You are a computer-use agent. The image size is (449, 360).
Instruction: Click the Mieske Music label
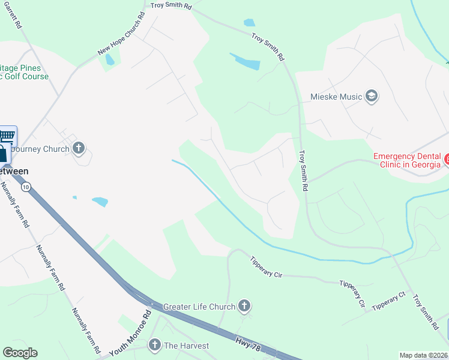(336, 97)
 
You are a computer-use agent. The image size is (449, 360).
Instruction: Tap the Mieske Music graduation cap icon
(372, 97)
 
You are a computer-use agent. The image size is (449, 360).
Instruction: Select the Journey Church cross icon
(79, 148)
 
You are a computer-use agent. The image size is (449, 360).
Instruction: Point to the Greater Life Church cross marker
(244, 307)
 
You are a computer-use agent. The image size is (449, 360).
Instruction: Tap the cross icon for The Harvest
(154, 345)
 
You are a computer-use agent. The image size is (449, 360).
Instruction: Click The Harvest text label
(187, 346)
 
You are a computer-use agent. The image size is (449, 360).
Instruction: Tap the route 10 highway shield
(25, 187)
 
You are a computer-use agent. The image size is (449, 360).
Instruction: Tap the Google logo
(20, 353)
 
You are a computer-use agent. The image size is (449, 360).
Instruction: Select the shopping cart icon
(7, 135)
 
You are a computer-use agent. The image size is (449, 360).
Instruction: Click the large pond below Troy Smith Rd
(245, 61)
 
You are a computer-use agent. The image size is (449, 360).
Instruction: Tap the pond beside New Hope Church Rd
(109, 60)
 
